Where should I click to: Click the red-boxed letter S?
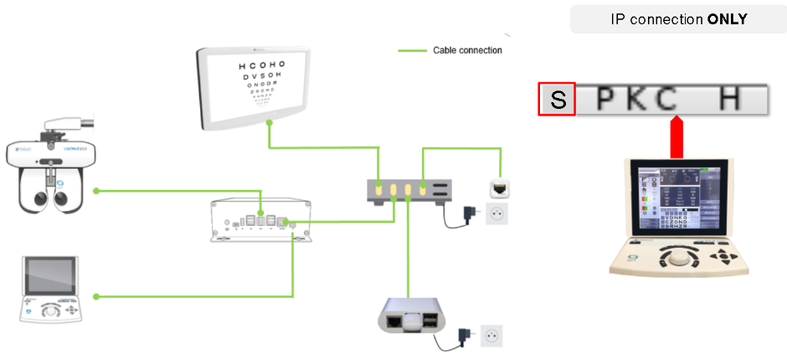tap(557, 100)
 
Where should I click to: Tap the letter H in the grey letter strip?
tap(730, 100)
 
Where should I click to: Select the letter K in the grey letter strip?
tap(637, 100)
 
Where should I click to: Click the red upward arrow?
tap(677, 136)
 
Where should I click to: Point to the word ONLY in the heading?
tap(727, 18)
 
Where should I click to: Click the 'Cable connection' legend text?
tap(467, 50)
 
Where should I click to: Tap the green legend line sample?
tap(412, 50)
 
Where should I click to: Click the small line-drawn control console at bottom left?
tap(52, 290)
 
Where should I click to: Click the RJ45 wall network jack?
tap(499, 188)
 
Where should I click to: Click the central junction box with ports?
tap(262, 220)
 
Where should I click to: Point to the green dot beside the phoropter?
tap(96, 191)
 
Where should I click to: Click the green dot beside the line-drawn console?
tap(96, 296)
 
